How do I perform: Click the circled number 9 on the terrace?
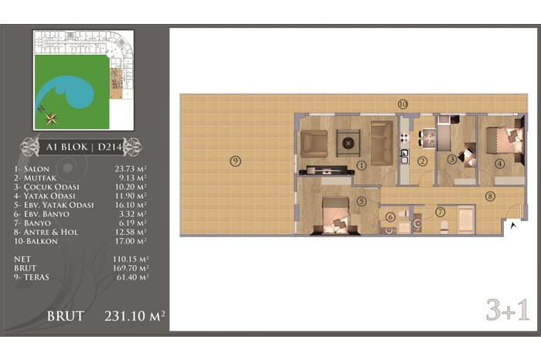[235, 161]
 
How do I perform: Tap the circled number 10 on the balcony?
[403, 104]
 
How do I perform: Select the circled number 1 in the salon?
[362, 166]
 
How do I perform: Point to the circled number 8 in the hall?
[490, 196]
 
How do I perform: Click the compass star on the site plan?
[52, 119]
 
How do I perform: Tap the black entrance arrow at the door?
[514, 226]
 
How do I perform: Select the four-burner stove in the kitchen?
[404, 138]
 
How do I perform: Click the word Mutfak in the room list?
[40, 178]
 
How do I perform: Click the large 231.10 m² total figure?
[134, 316]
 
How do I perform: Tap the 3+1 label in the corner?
[508, 311]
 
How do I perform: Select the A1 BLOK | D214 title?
[83, 148]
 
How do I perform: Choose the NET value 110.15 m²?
[131, 259]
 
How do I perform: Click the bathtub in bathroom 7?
[466, 219]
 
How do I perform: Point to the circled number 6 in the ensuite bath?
[390, 217]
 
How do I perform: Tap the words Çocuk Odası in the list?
[52, 186]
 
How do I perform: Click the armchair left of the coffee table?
[314, 144]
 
